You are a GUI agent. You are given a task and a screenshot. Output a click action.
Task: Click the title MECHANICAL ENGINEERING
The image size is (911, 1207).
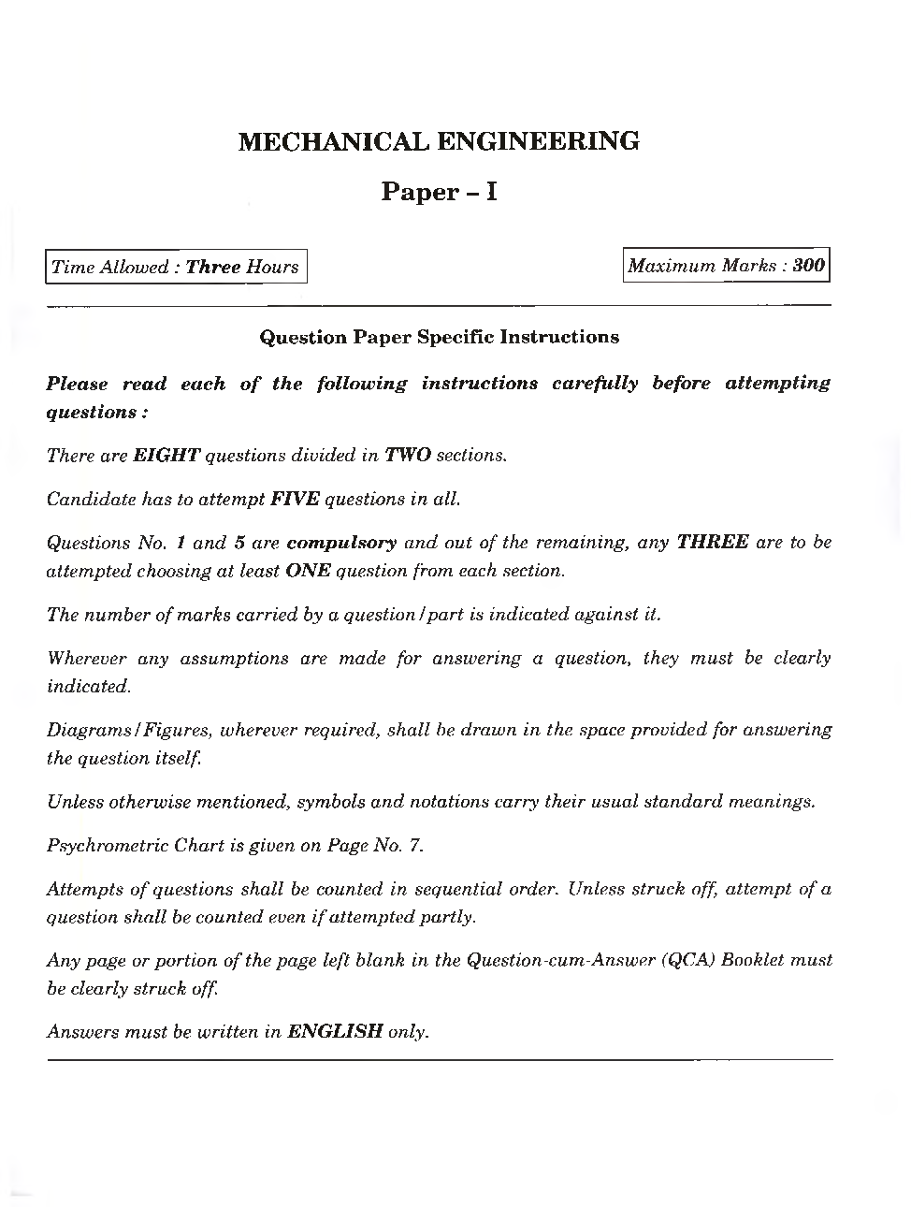point(439,142)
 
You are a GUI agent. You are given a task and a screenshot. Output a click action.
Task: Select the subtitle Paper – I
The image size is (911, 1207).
point(439,193)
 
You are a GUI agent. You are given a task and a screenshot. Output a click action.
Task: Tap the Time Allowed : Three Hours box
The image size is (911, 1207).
point(176,267)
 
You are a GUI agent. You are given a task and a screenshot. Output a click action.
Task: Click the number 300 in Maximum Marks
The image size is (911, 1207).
point(808,266)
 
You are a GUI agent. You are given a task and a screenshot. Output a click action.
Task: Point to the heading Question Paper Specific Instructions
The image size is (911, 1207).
point(439,337)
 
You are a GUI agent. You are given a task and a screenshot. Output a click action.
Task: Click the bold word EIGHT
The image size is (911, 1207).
point(166,456)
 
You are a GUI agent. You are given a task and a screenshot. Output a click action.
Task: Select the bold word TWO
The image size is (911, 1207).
point(408,456)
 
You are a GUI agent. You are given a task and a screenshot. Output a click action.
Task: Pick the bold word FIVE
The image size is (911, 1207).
point(295,499)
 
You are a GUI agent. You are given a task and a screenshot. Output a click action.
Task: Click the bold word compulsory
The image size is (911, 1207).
point(342,543)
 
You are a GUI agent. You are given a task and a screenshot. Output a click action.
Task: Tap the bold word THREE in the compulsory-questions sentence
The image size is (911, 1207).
point(712,543)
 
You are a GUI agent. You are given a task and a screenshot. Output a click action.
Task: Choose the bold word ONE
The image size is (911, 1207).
point(308,571)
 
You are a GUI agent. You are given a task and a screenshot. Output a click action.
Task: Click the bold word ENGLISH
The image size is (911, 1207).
point(335,1032)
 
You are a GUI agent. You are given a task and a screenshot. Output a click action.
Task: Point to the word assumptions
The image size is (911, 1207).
point(235,658)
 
